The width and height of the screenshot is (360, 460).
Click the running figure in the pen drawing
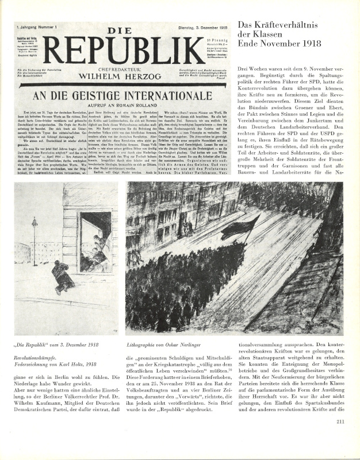62,277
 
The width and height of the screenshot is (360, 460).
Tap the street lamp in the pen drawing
35,241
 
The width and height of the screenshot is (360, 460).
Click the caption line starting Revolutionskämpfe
46,356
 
